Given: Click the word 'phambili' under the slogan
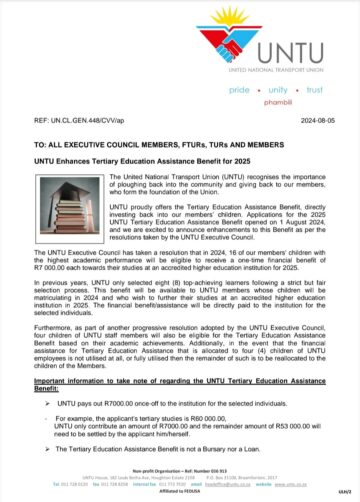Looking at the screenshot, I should coord(273,102).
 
